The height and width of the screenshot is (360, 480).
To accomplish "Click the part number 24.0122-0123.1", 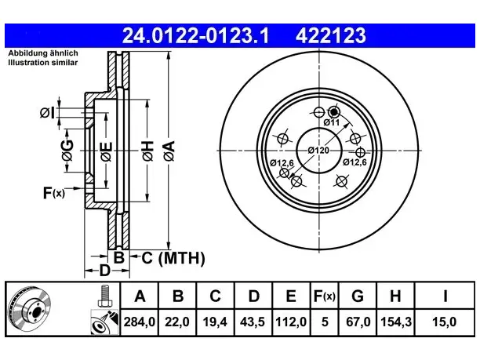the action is (x=195, y=35).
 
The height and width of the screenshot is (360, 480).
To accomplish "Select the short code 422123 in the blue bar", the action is (x=331, y=35).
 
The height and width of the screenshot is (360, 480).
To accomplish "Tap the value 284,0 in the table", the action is (x=140, y=322).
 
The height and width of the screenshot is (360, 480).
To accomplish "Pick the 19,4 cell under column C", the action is (x=215, y=322).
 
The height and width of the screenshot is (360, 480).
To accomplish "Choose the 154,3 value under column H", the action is (x=396, y=322).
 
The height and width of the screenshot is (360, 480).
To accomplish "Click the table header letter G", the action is (x=358, y=296).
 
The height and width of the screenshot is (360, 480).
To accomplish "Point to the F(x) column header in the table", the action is (x=325, y=296).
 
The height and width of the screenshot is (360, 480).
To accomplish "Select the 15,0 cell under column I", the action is (x=444, y=322).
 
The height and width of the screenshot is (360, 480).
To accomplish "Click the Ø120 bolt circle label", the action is (x=318, y=151).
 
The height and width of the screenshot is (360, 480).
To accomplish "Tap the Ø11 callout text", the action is (x=332, y=122).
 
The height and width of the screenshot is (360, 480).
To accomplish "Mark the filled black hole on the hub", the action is (x=334, y=112).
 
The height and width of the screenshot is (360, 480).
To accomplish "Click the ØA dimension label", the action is (x=169, y=151).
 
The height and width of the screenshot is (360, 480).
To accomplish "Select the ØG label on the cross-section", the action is (x=67, y=151).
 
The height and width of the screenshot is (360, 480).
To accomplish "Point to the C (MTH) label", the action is (x=173, y=258).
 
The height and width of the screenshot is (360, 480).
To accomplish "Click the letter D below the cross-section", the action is (x=104, y=271).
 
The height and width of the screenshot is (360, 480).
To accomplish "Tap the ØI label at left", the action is (x=48, y=113).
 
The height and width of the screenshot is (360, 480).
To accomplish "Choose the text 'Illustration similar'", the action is (x=43, y=63).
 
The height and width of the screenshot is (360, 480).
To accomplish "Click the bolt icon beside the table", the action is (x=104, y=296).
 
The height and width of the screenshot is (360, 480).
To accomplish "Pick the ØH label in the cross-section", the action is (x=147, y=151).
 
